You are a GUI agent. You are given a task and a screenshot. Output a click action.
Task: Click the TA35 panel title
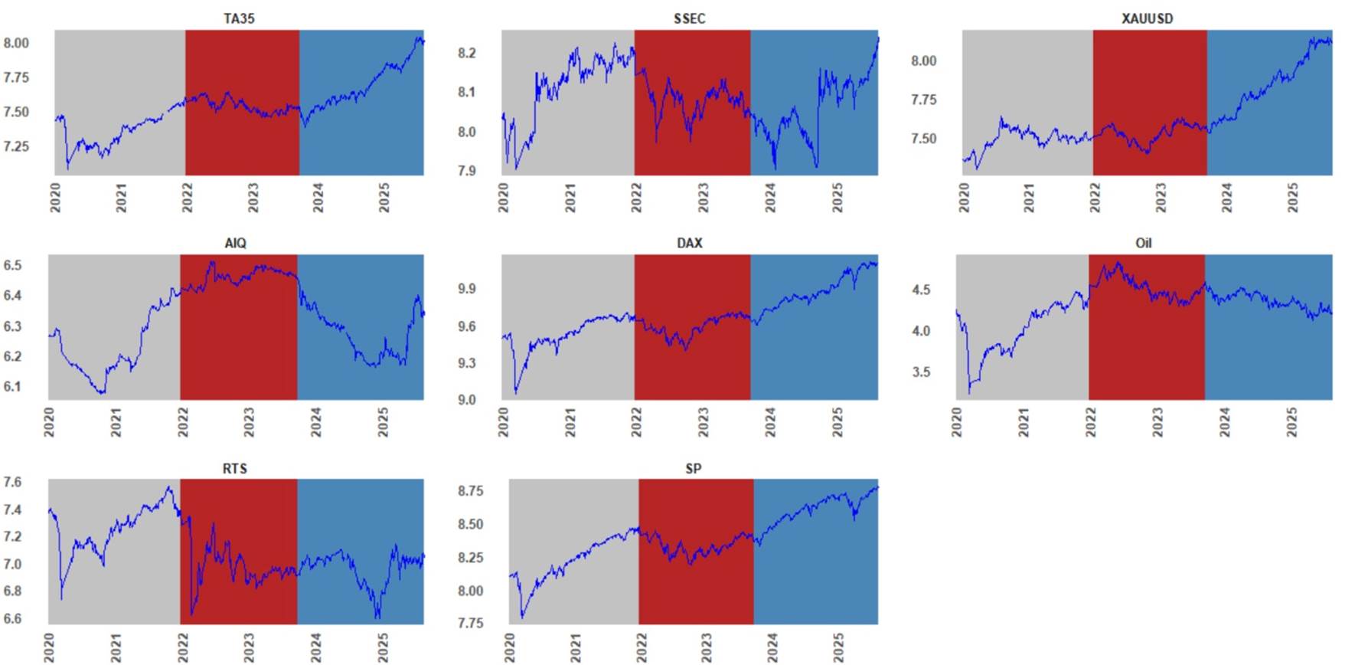[x=239, y=18]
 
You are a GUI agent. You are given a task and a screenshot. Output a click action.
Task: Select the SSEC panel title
[x=689, y=18]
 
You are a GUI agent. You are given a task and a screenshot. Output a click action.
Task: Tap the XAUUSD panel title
[x=1147, y=18]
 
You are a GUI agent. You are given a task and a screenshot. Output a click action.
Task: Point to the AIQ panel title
[x=236, y=243]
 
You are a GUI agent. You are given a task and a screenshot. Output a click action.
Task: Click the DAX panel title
[x=689, y=243]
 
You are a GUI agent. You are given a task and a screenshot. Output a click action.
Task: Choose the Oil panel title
[x=1143, y=243]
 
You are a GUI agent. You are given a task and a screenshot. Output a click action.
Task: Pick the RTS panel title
[x=235, y=468]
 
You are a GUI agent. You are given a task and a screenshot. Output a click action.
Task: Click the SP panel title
[x=693, y=468]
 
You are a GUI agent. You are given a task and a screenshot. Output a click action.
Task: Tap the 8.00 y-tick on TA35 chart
[x=16, y=43]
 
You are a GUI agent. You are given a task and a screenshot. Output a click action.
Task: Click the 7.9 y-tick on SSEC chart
[x=467, y=171]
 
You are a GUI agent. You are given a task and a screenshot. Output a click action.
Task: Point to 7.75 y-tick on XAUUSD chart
[x=923, y=100]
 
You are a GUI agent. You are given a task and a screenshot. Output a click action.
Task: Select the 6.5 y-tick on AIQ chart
[x=12, y=266]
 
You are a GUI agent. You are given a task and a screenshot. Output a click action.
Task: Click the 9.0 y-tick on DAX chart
[x=467, y=400]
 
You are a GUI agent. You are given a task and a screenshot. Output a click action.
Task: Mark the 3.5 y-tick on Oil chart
[x=921, y=372]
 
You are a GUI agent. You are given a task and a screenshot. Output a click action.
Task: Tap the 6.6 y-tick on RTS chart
[x=12, y=618]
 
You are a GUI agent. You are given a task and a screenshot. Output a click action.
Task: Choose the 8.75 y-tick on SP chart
[x=471, y=491]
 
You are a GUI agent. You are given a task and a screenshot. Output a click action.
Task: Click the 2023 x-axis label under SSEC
[x=703, y=197]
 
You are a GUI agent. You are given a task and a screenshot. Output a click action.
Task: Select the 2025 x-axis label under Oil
[x=1292, y=422]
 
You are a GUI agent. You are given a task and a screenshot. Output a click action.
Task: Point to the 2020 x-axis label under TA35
[x=55, y=197]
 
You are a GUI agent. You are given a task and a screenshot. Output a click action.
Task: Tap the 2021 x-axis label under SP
[x=576, y=647]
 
